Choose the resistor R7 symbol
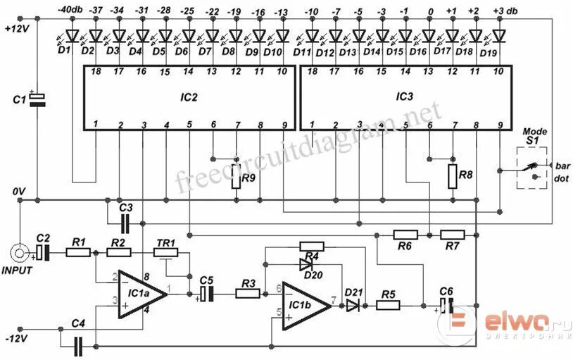pos(451,234)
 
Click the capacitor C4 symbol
pos(78,345)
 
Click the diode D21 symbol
pos(352,305)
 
